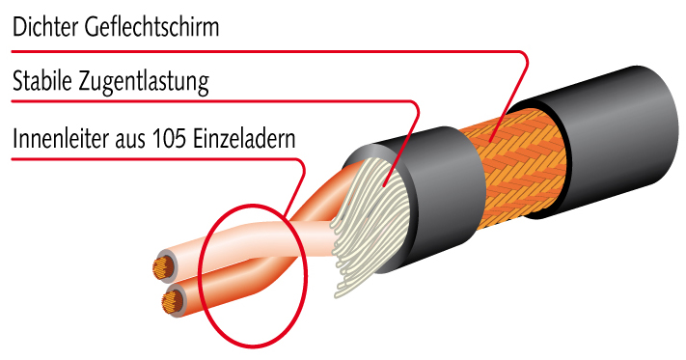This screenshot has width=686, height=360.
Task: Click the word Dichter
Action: click(44, 27)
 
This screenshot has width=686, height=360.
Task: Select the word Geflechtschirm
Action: click(151, 28)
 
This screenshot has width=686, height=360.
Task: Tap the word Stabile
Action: click(42, 80)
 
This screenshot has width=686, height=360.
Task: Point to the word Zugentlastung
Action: click(144, 82)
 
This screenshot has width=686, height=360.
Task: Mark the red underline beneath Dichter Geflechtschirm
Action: click(267, 51)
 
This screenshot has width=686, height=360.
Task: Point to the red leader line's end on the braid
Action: click(491, 141)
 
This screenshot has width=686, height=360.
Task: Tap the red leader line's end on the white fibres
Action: click(384, 186)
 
